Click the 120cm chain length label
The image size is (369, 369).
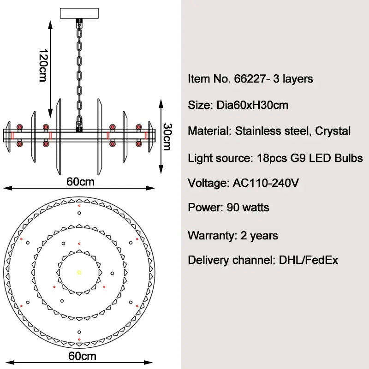point(43,65)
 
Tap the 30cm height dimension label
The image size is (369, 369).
point(168,137)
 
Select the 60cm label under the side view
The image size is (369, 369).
point(80,182)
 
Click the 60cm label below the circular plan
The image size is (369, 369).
point(82,356)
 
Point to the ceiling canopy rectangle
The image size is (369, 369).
point(79,13)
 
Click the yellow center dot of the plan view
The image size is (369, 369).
point(79,273)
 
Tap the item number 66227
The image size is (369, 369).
point(250,78)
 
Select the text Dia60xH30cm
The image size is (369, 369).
point(252,105)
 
